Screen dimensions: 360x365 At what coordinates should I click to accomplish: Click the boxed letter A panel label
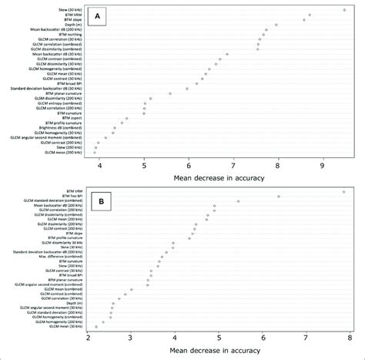click(x=99, y=17)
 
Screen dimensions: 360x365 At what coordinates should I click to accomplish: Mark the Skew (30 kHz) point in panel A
click(x=344, y=9)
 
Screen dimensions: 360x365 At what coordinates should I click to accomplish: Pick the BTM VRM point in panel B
click(x=343, y=191)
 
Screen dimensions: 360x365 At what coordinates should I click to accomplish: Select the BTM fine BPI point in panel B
click(x=279, y=197)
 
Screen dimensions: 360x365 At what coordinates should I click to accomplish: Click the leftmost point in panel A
click(x=95, y=153)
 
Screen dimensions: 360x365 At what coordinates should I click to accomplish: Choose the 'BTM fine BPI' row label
click(x=69, y=197)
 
